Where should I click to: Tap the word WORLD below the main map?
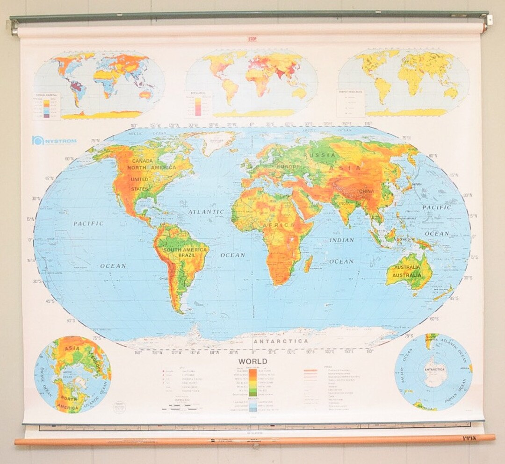coord(253,362)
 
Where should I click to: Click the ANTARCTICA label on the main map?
coord(281,342)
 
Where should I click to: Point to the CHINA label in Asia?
coord(367,191)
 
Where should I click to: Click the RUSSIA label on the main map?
coord(319,155)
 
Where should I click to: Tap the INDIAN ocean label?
coord(341,240)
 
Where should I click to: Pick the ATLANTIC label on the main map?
coord(206,212)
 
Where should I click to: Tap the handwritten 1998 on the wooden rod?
coord(469,438)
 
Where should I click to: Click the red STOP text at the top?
coord(252,39)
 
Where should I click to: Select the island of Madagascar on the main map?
coord(308,264)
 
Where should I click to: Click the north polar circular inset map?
coord(72,374)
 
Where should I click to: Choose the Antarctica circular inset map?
coord(433,372)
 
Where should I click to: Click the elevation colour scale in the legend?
coord(253,382)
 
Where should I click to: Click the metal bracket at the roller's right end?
coord(489,20)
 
